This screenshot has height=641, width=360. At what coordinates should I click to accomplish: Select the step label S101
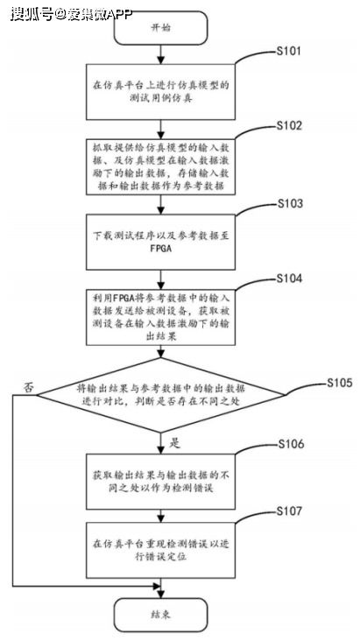click(x=289, y=51)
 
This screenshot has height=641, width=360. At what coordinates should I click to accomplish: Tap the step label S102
click(x=289, y=126)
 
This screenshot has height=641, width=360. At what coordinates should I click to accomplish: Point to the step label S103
click(x=289, y=203)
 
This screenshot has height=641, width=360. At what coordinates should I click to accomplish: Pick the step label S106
click(x=289, y=444)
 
